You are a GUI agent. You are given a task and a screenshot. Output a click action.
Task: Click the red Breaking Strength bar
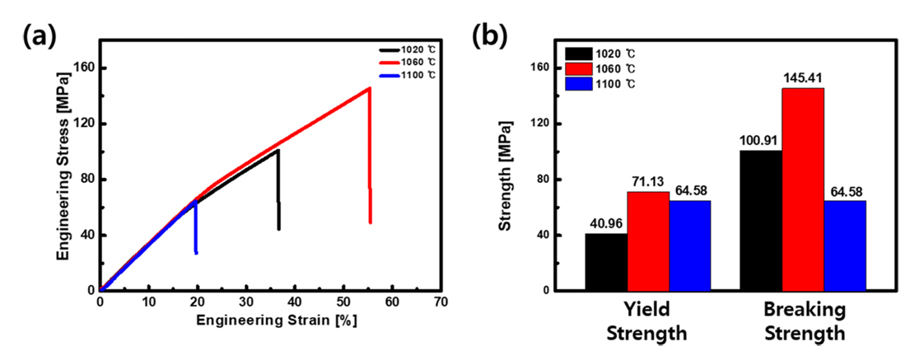[x=803, y=189]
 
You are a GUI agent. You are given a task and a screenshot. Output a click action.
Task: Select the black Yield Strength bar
[x=606, y=262]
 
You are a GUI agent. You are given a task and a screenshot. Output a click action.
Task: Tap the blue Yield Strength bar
[x=689, y=245]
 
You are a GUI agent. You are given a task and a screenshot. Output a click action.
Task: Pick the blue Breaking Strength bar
[x=845, y=245]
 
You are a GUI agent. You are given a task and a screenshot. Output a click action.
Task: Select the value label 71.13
[x=648, y=183]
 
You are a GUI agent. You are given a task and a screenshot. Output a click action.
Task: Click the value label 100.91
[x=760, y=141]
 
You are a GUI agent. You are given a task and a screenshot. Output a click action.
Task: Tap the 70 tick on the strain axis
[x=441, y=302]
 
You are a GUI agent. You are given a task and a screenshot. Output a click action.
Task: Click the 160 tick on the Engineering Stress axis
[x=86, y=68]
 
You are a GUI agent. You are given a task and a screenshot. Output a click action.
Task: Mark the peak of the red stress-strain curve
[x=369, y=88]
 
